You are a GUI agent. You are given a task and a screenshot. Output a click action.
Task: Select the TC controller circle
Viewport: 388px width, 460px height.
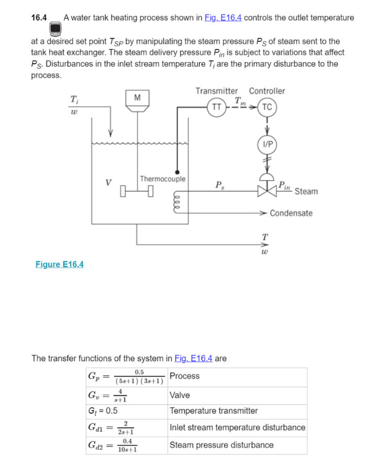click(267, 107)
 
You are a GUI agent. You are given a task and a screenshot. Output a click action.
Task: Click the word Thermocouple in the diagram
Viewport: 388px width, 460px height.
click(163, 179)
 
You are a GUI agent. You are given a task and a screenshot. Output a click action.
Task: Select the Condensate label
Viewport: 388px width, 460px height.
click(291, 213)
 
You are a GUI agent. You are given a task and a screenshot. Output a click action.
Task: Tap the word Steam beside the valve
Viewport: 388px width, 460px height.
click(306, 191)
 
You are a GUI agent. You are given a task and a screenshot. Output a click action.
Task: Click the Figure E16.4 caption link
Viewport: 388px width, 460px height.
click(59, 264)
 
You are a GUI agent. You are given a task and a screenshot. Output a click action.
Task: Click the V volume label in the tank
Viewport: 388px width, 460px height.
click(108, 183)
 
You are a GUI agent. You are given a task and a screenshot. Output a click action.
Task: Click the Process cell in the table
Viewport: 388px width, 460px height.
click(184, 376)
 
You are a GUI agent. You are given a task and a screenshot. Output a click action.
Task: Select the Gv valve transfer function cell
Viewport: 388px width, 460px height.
click(108, 395)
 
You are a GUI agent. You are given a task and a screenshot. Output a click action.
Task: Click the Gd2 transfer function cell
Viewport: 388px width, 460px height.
click(113, 445)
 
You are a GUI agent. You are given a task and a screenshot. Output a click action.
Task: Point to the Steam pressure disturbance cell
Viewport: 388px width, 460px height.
click(221, 445)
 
